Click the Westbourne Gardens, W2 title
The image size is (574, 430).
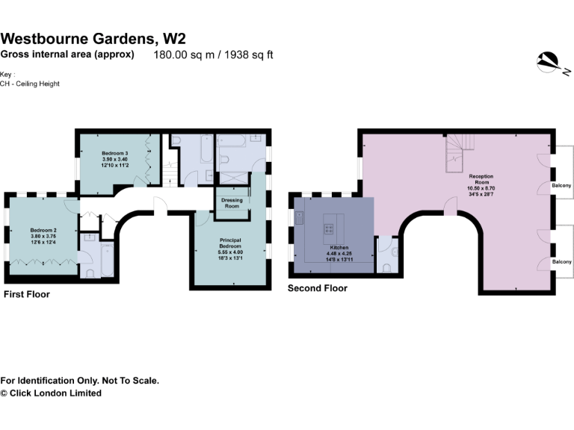[93, 39]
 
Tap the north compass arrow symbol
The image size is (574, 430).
[550, 63]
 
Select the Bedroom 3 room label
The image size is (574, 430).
[115, 153]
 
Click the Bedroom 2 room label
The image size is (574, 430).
[43, 230]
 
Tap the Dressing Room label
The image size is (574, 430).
[232, 202]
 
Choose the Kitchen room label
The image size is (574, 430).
[339, 247]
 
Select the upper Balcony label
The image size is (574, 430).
[561, 185]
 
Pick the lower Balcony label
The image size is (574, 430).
[561, 262]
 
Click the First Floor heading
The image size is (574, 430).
[27, 294]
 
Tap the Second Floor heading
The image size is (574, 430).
[318, 288]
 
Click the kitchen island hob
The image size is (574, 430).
[329, 229]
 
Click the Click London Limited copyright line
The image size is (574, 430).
[51, 393]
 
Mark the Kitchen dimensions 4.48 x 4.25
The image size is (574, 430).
[339, 254]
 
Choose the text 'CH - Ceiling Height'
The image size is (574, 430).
[30, 84]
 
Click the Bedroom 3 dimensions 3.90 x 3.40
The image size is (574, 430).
[115, 159]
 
